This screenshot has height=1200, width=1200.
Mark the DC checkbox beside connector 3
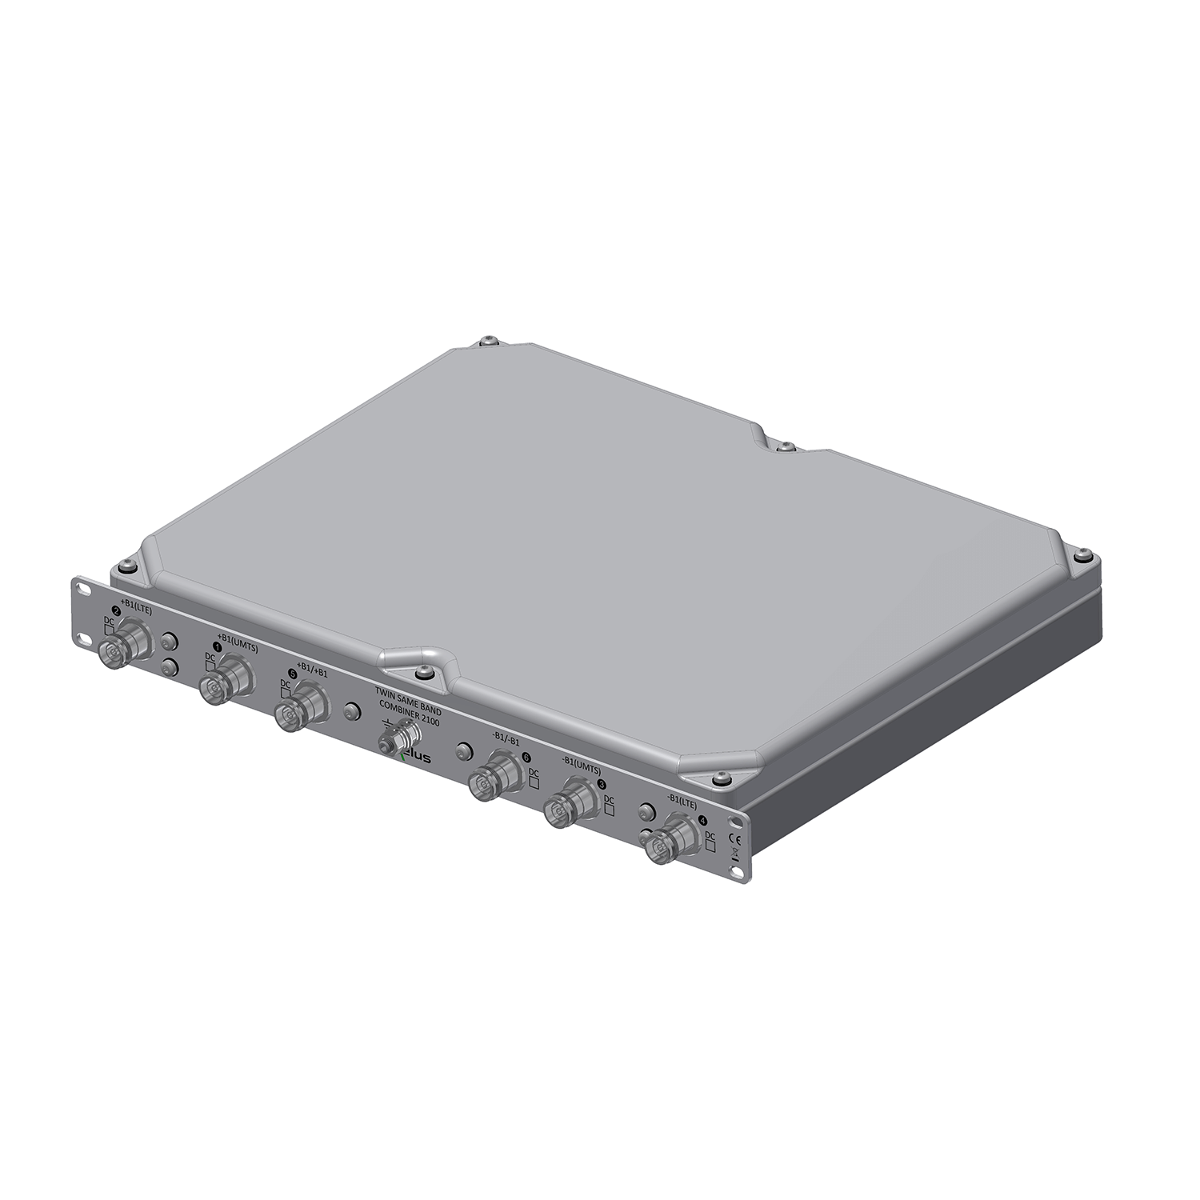pos(609,810)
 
